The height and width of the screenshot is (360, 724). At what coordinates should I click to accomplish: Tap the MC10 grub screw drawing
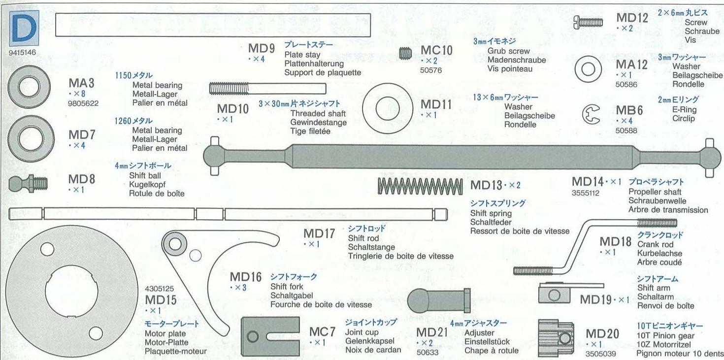coord(405,52)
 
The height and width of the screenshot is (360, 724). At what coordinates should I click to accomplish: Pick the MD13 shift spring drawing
coord(420,186)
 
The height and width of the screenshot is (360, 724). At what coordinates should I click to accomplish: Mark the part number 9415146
coord(22,51)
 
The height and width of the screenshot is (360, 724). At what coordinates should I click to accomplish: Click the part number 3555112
coord(586,193)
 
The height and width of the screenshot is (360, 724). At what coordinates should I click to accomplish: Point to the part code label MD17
coord(319,234)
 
